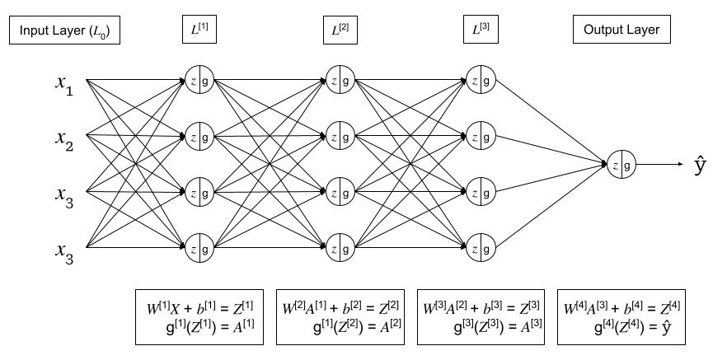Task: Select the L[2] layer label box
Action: [x=339, y=30]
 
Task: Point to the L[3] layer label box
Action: [x=479, y=30]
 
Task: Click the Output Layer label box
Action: [x=621, y=30]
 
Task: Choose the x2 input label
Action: [x=64, y=139]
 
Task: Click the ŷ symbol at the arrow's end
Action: [x=701, y=166]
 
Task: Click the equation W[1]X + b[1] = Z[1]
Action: [x=199, y=307]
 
